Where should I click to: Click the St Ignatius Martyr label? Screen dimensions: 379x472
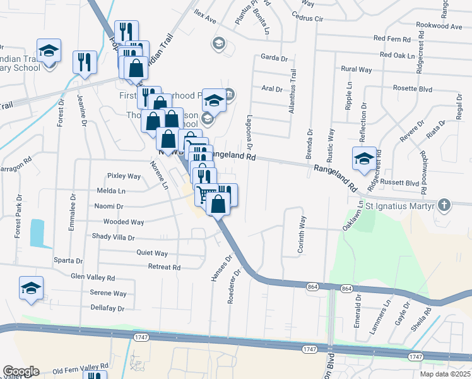(x=401, y=206)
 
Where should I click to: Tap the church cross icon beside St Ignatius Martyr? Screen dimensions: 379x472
(x=444, y=205)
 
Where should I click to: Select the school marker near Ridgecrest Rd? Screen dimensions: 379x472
(x=364, y=159)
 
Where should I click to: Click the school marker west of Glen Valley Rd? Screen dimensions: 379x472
(x=31, y=288)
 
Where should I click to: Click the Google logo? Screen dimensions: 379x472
(x=21, y=371)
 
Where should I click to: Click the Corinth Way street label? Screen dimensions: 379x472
(x=302, y=236)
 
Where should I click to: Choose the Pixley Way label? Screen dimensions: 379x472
(x=124, y=176)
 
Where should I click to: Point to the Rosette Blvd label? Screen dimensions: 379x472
(x=413, y=89)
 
